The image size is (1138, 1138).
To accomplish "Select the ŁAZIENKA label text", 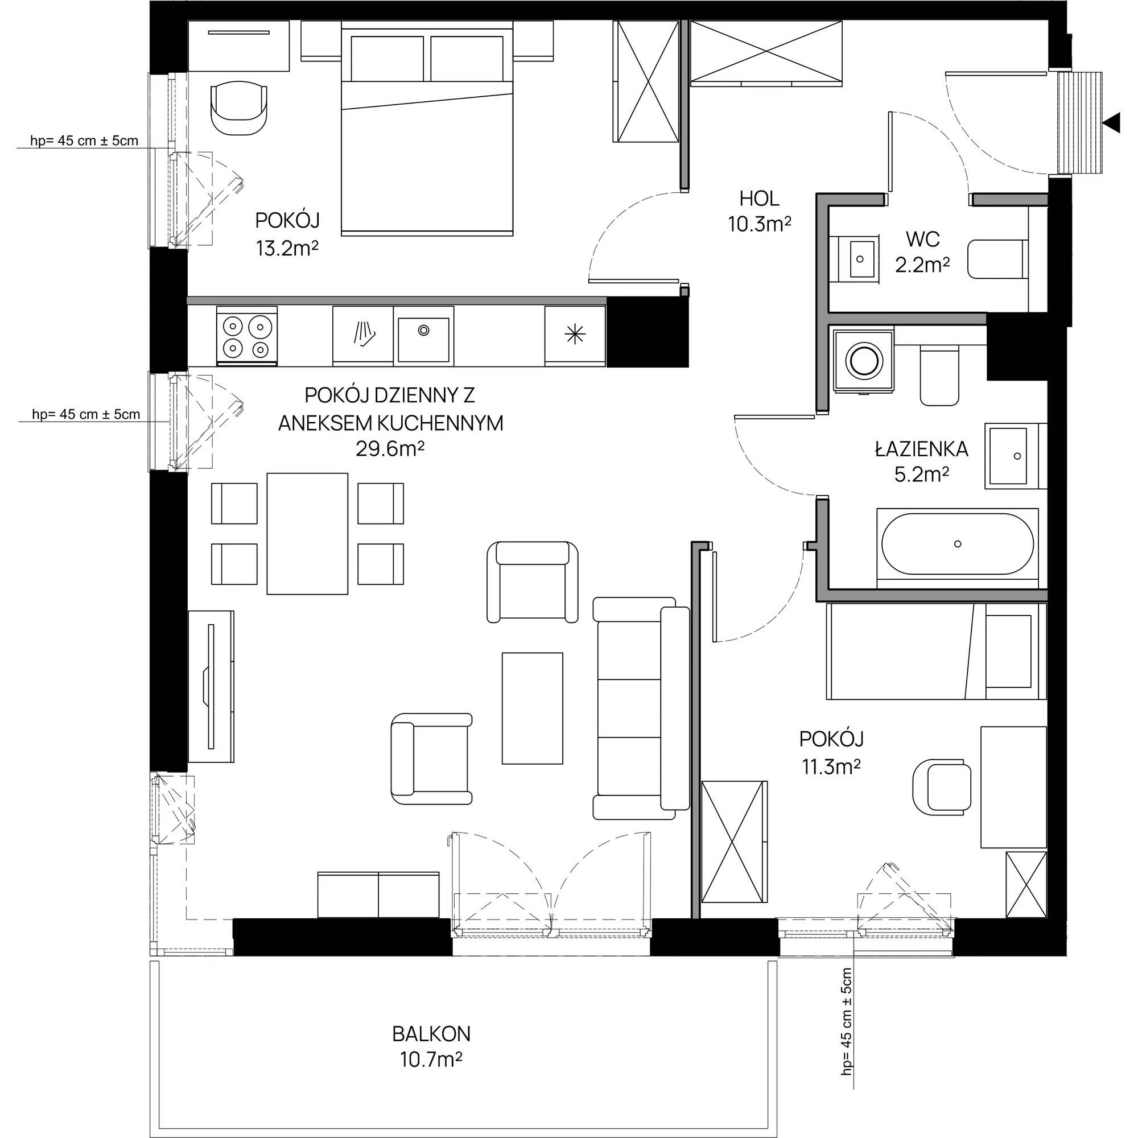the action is coord(921,450).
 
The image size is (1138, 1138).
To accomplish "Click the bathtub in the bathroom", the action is coord(957,545).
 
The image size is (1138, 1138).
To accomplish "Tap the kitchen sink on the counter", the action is coord(423,338).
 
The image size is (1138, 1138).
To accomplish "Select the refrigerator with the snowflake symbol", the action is coord(575,335).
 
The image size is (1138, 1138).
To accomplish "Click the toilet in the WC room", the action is coord(998,258).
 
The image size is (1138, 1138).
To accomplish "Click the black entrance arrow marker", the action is coord(1111,123).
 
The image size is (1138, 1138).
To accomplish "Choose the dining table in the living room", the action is coord(307,534).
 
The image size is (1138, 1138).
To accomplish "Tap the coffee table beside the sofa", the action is coord(533,708).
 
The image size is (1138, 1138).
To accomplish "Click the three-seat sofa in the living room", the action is coord(641,708).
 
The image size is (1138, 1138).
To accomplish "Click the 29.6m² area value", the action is coord(390,450).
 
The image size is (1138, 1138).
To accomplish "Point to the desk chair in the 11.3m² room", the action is coord(942,786).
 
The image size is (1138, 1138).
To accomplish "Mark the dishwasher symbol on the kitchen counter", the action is coord(363,335).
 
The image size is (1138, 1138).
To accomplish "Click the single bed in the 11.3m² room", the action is coord(936,651).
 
